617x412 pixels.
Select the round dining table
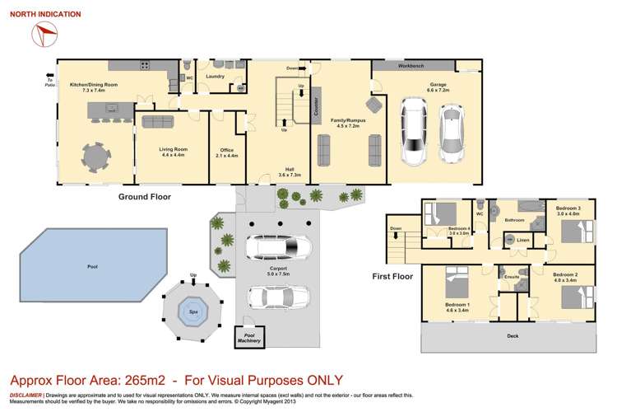click(x=96, y=155)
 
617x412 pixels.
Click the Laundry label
click(x=216, y=77)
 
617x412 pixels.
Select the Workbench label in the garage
click(x=411, y=64)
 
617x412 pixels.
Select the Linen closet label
click(x=523, y=240)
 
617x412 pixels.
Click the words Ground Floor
click(x=143, y=198)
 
